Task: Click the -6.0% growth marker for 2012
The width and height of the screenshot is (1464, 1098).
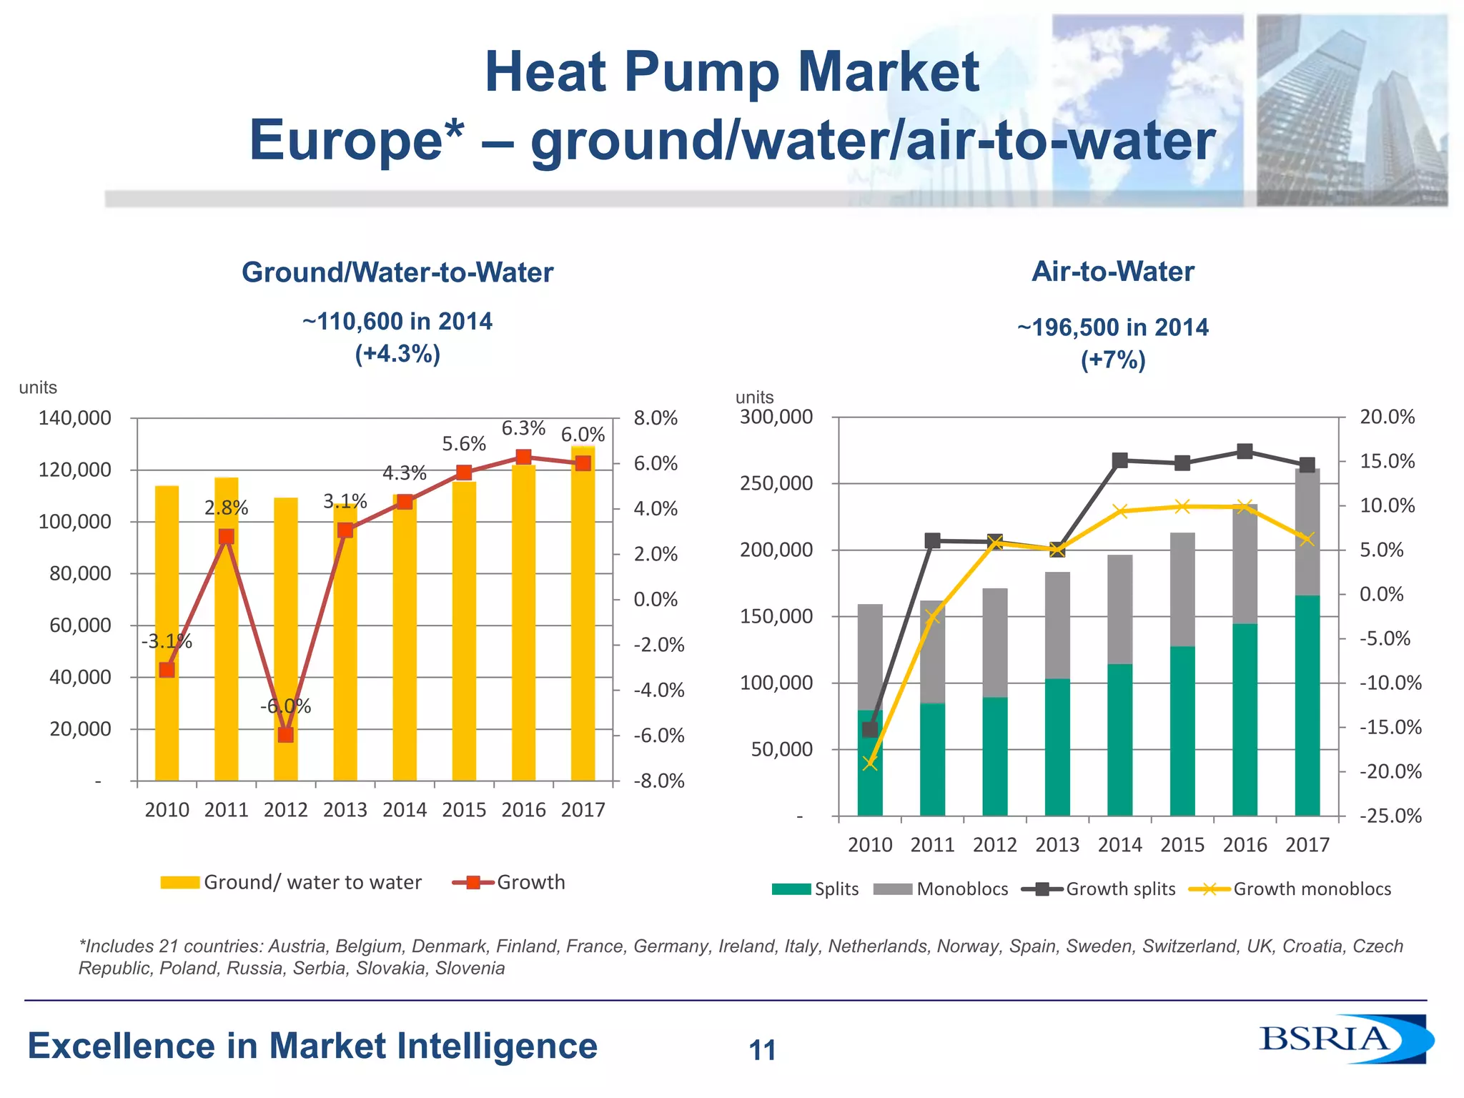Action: [x=285, y=734]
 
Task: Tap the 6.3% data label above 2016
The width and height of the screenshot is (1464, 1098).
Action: [x=523, y=428]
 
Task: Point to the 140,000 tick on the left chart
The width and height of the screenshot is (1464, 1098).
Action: [x=75, y=417]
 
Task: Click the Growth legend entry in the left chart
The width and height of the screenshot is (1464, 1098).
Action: [x=509, y=882]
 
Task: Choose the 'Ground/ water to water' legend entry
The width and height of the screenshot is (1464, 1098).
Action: [x=292, y=882]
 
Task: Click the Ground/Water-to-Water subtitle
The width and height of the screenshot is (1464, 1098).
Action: [x=397, y=272]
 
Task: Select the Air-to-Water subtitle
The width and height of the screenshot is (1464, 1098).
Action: [x=1112, y=272]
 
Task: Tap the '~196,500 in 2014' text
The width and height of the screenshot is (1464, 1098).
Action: [x=1112, y=327]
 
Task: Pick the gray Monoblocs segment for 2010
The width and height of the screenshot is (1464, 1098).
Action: [x=870, y=656]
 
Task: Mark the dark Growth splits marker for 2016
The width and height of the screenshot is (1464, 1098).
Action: [x=1245, y=451]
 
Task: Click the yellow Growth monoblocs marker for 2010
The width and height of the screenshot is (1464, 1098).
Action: [x=870, y=763]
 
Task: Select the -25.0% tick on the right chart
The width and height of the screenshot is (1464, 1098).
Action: [x=1390, y=816]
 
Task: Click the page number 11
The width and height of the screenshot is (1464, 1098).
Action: [x=762, y=1050]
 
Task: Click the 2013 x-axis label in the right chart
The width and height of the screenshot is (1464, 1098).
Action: [x=1057, y=845]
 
